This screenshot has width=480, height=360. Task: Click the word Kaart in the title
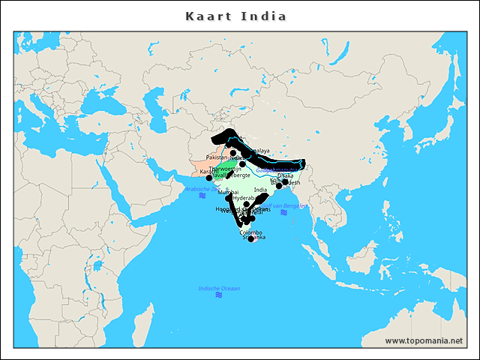208,16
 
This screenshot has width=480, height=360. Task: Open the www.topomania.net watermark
423,340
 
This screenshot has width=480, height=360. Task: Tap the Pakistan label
217,158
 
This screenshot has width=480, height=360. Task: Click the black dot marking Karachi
209,178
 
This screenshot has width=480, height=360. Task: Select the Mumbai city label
229,193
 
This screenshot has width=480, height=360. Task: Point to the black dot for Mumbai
229,199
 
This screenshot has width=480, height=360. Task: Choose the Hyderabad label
244,198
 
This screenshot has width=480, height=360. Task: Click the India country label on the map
260,190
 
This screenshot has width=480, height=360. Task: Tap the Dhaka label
285,175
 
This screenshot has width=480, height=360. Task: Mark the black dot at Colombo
250,238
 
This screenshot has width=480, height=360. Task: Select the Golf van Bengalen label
288,205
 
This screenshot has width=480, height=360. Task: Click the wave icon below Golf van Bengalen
283,212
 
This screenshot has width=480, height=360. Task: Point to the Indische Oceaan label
219,289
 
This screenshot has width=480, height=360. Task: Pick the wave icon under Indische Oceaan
218,295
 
